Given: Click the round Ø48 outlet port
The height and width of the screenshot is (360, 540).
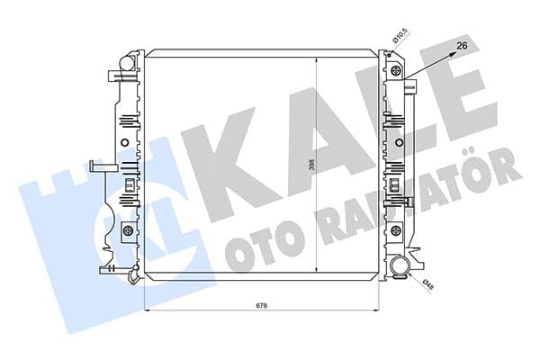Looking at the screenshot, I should (400, 266).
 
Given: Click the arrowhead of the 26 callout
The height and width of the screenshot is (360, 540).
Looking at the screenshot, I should (450, 52).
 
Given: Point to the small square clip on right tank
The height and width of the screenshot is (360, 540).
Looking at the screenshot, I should (393, 184).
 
